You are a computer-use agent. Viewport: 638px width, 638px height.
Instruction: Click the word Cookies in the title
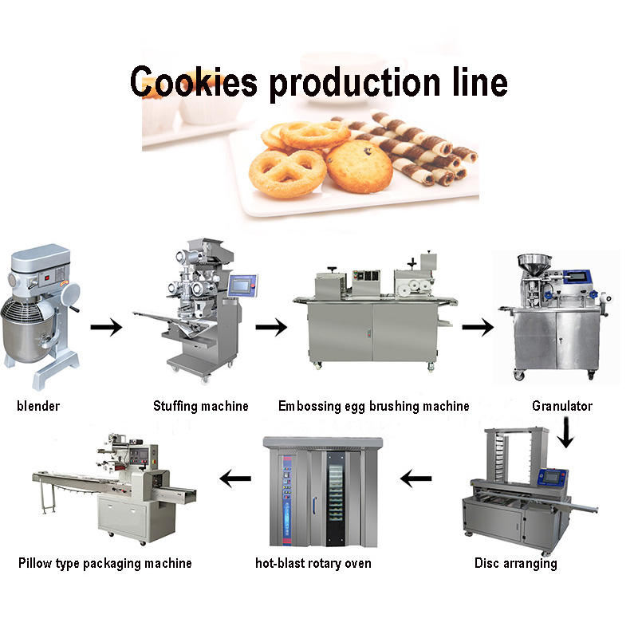(193, 81)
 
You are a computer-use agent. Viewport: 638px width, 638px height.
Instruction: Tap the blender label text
(38, 406)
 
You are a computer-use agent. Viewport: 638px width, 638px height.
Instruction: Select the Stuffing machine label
(201, 406)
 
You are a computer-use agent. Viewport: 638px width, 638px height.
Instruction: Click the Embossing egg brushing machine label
(374, 406)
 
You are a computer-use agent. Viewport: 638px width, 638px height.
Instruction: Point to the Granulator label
(562, 406)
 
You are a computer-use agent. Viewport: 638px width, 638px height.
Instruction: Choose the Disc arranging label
(516, 563)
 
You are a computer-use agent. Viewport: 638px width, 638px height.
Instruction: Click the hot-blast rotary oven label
(313, 563)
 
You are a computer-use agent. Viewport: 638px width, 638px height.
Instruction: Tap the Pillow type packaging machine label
(105, 563)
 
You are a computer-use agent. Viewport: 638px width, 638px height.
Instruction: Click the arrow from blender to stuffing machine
(106, 326)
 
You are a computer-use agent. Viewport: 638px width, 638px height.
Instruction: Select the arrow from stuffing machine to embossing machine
(270, 326)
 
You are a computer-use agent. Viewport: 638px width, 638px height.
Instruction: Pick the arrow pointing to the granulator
(478, 326)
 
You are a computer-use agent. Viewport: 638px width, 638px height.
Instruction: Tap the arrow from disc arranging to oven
(416, 479)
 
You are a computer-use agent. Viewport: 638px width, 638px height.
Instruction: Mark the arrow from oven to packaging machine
(235, 479)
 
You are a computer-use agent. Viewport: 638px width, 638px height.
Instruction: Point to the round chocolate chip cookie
(359, 166)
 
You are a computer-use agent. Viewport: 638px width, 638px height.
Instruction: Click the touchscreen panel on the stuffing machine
(242, 285)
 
